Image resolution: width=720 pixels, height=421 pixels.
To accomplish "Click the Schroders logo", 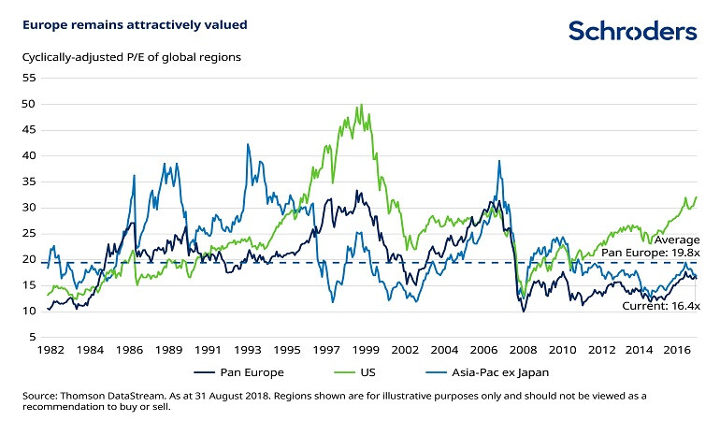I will tap(633, 31).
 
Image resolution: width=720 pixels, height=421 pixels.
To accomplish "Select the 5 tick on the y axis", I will tap(32, 337).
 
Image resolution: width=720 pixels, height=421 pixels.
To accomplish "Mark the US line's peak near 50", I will tap(361, 105).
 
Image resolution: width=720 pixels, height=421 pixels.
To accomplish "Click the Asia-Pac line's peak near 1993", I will tap(248, 144).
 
